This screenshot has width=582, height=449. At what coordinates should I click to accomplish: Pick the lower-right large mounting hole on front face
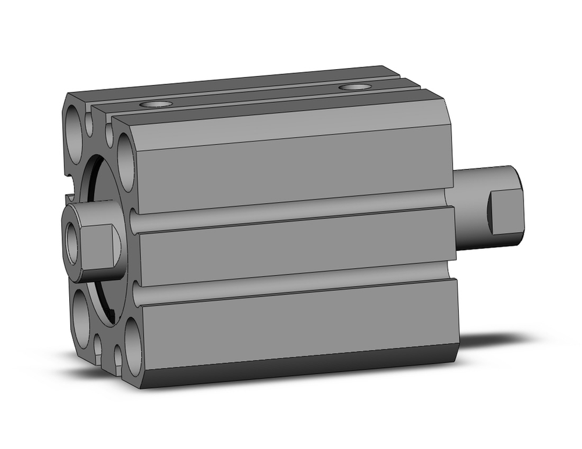click(x=132, y=344)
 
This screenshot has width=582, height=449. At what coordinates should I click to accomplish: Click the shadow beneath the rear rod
click(x=495, y=340)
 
